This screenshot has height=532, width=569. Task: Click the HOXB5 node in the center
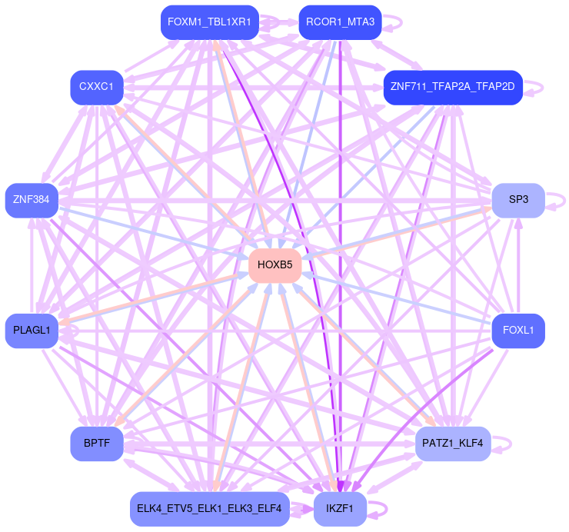[x=275, y=265]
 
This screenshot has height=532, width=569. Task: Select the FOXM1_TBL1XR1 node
[x=209, y=22]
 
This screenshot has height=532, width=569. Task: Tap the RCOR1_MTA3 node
[x=340, y=22]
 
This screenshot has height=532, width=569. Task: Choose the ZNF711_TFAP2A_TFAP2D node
[x=453, y=87]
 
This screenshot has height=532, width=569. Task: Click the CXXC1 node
[x=96, y=87]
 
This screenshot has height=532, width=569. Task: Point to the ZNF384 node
[x=32, y=201]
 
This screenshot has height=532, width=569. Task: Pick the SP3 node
[x=518, y=200]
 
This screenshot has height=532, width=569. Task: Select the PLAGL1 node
[x=32, y=331]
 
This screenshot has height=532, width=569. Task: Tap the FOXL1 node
[x=518, y=331]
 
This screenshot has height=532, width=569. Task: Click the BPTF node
[x=97, y=444]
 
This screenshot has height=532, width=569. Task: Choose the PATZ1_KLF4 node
[x=453, y=444]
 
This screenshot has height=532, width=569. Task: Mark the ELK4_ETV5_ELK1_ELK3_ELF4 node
[x=209, y=509]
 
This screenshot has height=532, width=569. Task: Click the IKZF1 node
[x=339, y=509]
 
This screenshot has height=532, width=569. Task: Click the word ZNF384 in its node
[x=32, y=201]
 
